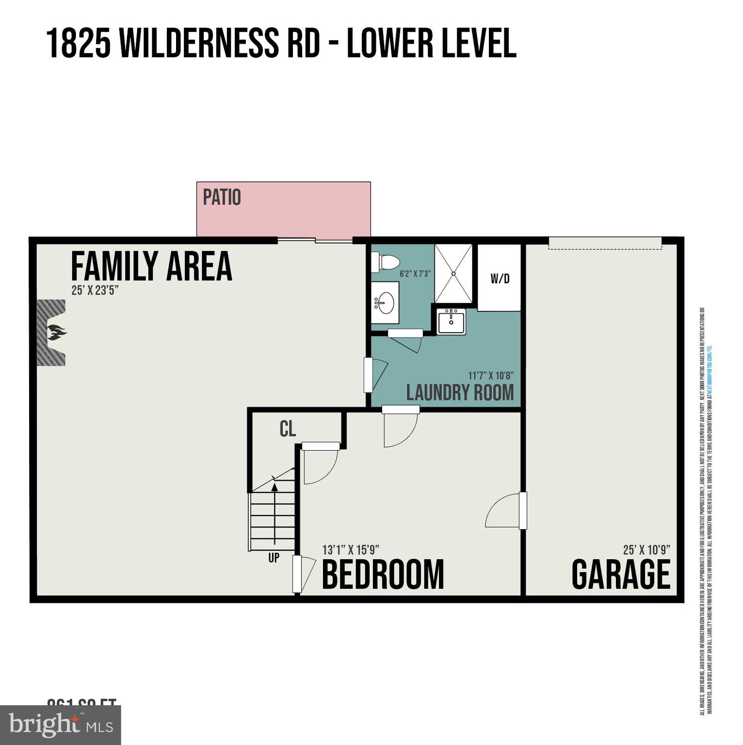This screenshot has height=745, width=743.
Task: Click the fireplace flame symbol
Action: pyautogui.click(x=56, y=333)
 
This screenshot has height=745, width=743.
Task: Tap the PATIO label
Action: pyautogui.click(x=222, y=197)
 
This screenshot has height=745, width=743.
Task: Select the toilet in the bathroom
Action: pyautogui.click(x=386, y=262)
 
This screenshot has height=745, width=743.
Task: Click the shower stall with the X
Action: pyautogui.click(x=453, y=274)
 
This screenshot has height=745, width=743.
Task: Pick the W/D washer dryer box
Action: pyautogui.click(x=500, y=278)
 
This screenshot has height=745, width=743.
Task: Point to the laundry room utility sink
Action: pyautogui.click(x=451, y=322)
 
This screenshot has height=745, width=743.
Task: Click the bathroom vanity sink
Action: pyautogui.click(x=385, y=303)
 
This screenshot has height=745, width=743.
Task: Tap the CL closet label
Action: pyautogui.click(x=288, y=429)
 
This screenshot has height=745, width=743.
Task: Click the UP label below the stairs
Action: pyautogui.click(x=274, y=558)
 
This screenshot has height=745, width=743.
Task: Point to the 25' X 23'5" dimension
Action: pyautogui.click(x=95, y=291)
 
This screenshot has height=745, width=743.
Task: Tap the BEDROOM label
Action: pyautogui.click(x=383, y=575)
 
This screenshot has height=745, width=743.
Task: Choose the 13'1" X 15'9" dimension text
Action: pyautogui.click(x=351, y=550)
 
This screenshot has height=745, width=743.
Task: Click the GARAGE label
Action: pyautogui.click(x=621, y=575)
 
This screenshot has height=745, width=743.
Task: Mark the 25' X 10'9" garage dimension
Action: pyautogui.click(x=646, y=550)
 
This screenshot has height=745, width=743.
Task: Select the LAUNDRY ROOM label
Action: pyautogui.click(x=460, y=392)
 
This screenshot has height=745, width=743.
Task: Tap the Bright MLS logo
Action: pyautogui.click(x=61, y=725)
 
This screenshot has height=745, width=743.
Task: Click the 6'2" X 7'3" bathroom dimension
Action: pyautogui.click(x=415, y=274)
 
